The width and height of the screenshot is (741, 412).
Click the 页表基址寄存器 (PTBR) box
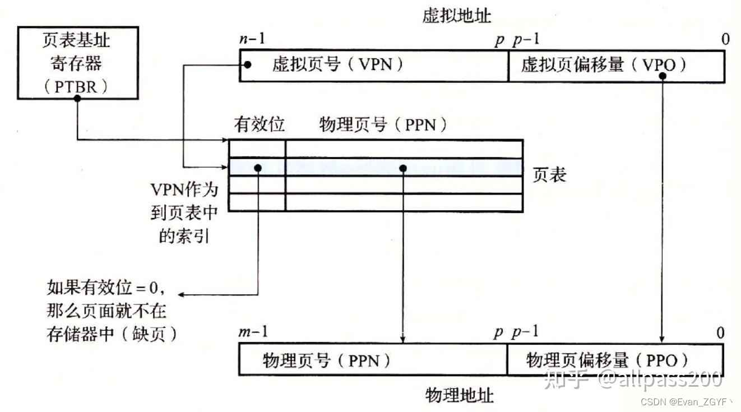click(77, 63)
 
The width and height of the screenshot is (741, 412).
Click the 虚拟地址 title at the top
click(457, 16)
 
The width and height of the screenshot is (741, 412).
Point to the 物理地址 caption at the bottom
click(460, 396)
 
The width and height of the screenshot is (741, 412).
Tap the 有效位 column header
click(259, 124)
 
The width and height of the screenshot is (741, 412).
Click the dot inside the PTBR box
click(77, 98)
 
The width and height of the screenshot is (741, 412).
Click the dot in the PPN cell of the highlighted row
click(402, 168)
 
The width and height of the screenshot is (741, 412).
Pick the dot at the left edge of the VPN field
click(248, 65)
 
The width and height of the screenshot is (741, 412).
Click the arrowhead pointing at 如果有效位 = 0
click(183, 295)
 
